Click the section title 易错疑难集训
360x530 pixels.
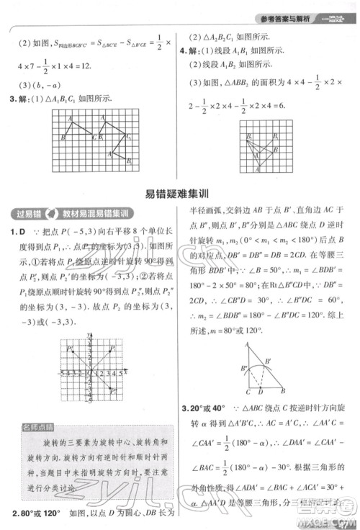(179, 193)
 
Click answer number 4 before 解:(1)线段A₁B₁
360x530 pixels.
(184, 50)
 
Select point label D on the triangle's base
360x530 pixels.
(261, 392)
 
